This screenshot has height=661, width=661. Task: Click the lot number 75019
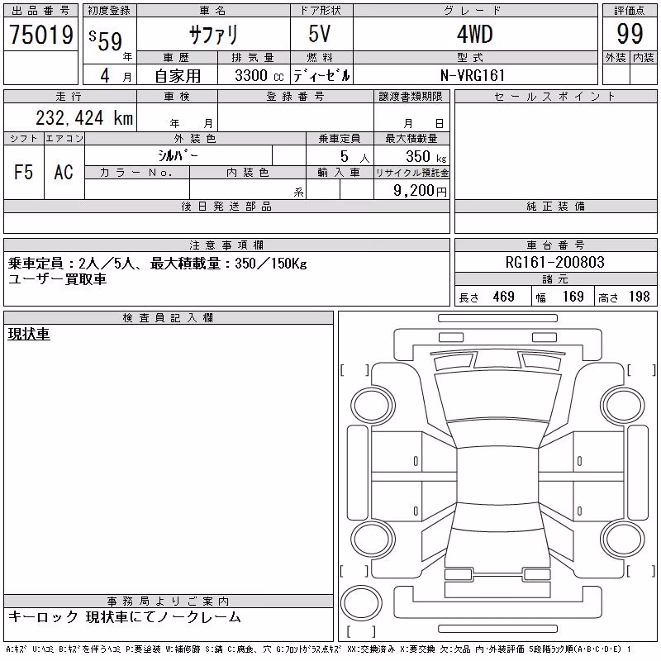tap(41, 34)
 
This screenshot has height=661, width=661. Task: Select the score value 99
tap(630, 34)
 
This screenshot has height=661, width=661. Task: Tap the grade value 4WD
tap(475, 34)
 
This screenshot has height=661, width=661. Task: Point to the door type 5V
tap(320, 34)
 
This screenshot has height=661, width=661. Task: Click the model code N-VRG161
tap(473, 75)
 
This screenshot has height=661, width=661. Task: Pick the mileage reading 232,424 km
tap(84, 118)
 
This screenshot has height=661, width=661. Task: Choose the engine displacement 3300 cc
tap(259, 76)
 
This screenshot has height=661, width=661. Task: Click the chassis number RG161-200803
tap(554, 262)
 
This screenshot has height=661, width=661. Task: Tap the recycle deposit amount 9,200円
tap(420, 191)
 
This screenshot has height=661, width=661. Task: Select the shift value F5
tap(23, 172)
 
